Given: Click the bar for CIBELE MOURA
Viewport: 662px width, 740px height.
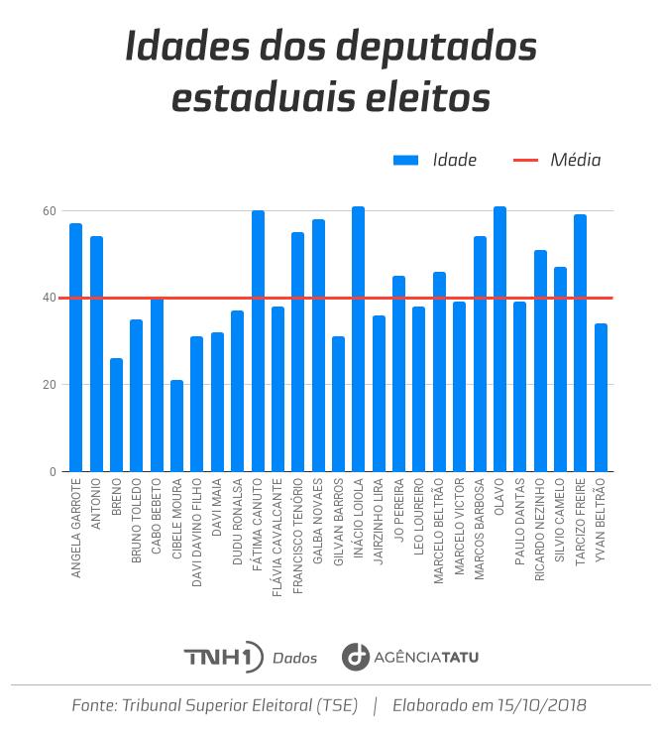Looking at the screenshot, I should click(176, 427).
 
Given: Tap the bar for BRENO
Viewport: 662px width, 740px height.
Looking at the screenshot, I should click(116, 415).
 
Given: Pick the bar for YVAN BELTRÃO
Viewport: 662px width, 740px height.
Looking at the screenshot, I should click(601, 398).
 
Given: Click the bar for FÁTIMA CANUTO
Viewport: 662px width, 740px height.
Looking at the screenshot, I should click(258, 341).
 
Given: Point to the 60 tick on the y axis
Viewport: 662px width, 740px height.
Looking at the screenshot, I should click(49, 211).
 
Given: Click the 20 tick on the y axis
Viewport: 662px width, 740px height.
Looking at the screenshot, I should click(49, 385).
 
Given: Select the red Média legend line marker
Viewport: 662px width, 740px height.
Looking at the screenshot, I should click(526, 160).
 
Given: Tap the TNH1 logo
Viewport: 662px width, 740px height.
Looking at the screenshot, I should click(223, 657).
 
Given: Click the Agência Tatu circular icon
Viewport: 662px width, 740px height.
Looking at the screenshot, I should click(355, 657).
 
